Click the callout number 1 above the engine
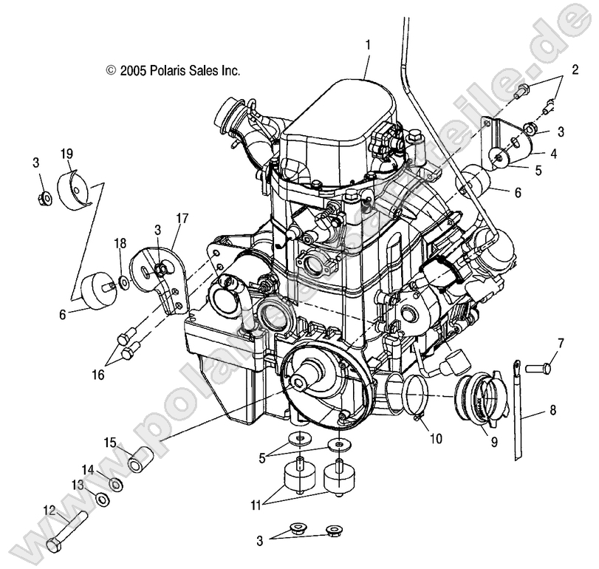click(367, 45)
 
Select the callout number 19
click(66, 154)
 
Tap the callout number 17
click(182, 219)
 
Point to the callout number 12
click(49, 509)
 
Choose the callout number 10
click(436, 438)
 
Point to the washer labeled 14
click(117, 485)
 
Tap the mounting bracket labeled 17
click(159, 280)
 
